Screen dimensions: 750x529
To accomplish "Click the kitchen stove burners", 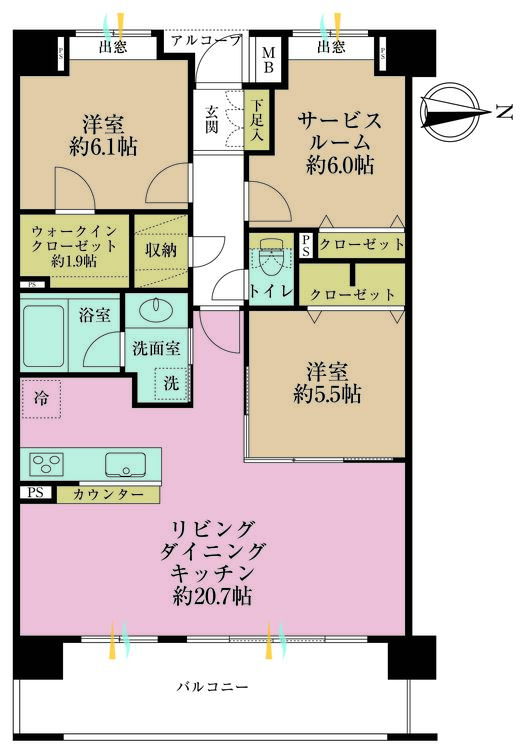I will pyautogui.click(x=47, y=464).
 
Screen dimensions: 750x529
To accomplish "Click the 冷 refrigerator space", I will pyautogui.click(x=41, y=396).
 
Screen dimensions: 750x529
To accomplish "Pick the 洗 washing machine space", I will pyautogui.click(x=170, y=381).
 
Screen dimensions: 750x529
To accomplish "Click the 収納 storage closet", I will pyautogui.click(x=160, y=251).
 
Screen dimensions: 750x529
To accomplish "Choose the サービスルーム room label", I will pyautogui.click(x=340, y=131).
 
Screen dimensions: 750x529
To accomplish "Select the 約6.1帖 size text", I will pyautogui.click(x=102, y=146).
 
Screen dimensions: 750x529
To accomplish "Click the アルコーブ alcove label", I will pyautogui.click(x=206, y=41).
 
